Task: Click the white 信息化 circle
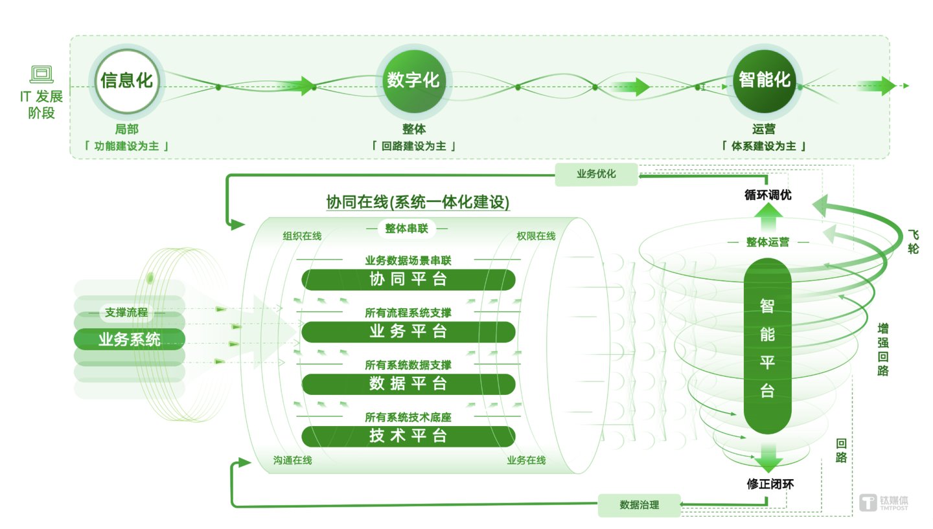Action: pos(127,81)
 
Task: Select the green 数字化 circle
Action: pos(413,81)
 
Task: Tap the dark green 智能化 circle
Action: pos(765,81)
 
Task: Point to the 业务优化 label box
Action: pos(596,174)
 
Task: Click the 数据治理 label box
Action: pos(639,505)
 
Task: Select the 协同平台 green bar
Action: pos(408,280)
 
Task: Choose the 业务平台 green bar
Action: pos(408,332)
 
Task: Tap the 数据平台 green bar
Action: pos(408,384)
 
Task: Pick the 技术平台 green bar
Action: pos(408,436)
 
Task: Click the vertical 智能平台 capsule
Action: pos(768,346)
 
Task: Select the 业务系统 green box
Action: pos(130,339)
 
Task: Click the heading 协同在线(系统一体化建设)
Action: pos(418,203)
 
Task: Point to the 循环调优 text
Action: pos(768,194)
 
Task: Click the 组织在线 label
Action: pos(302,236)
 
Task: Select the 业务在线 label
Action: pos(526,460)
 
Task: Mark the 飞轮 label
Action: pos(912,241)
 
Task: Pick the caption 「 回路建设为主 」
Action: pos(413,146)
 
